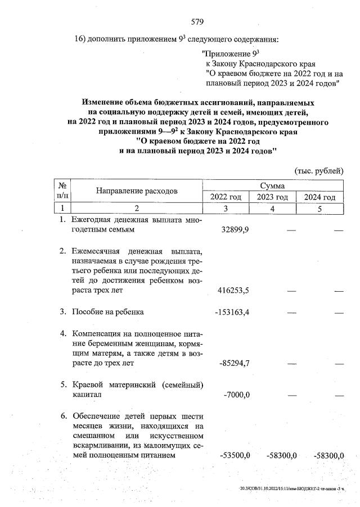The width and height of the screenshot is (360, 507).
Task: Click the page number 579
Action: [x=196, y=22]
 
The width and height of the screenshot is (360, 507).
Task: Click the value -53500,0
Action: [x=238, y=455]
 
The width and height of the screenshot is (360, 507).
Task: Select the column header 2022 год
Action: [x=226, y=197]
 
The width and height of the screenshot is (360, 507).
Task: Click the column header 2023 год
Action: [x=272, y=197]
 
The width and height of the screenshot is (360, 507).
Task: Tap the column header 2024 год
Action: [x=319, y=197]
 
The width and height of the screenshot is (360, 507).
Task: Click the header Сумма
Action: [x=272, y=185]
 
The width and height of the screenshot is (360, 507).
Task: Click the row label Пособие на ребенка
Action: [x=107, y=311]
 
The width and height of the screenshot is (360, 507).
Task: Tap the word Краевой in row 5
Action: [x=88, y=384]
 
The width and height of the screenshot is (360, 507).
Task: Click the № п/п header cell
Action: [x=63, y=191]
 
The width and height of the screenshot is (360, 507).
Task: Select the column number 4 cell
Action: [x=272, y=209]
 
